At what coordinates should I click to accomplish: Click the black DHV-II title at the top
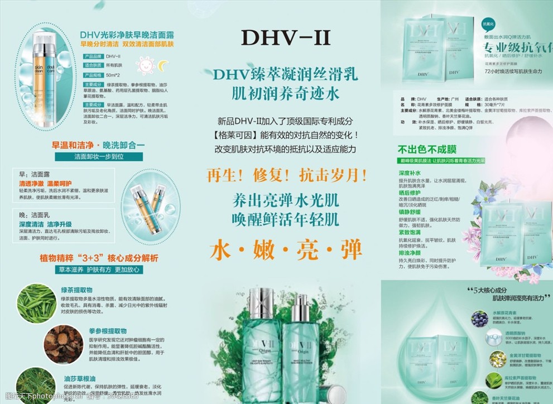(285, 37)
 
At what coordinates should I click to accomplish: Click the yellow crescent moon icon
(160, 66)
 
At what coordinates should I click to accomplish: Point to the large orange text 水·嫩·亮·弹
(285, 250)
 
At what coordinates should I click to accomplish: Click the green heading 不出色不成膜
(427, 149)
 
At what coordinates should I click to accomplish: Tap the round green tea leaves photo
(37, 303)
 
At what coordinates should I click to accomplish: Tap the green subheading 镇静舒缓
(409, 212)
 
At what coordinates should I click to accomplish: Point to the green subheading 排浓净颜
(409, 252)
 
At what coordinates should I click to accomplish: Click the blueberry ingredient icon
(478, 318)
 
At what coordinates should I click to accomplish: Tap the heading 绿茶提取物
(76, 290)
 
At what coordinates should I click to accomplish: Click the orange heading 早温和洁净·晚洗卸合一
(98, 145)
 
